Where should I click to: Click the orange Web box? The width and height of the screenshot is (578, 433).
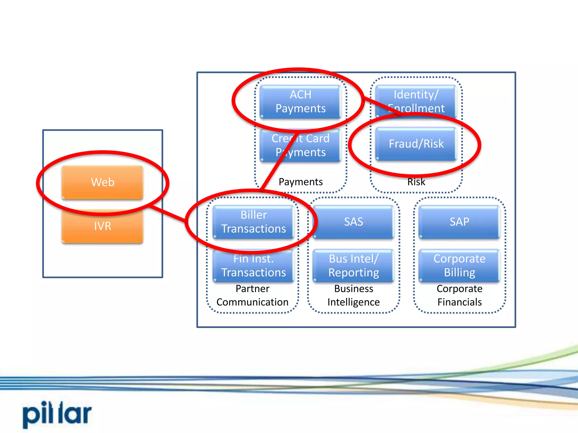(x=102, y=182)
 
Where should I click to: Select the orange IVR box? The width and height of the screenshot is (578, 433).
(x=102, y=226)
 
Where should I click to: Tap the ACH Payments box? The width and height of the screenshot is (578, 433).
(x=300, y=101)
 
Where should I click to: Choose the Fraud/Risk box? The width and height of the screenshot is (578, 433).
(x=416, y=144)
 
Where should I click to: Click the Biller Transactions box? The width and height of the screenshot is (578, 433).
(x=253, y=222)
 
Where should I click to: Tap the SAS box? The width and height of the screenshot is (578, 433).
(x=353, y=222)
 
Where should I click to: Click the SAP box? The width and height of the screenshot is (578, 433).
(x=459, y=222)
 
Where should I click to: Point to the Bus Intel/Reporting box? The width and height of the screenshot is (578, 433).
(x=353, y=266)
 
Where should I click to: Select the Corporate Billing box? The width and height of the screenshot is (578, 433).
(x=459, y=266)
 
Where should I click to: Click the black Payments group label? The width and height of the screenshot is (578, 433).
(x=300, y=182)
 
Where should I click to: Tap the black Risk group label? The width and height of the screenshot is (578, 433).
(x=416, y=182)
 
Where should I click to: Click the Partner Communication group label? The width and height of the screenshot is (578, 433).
(x=252, y=295)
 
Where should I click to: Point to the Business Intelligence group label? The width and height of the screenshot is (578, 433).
(x=353, y=295)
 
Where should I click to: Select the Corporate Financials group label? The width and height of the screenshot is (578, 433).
(x=459, y=295)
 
